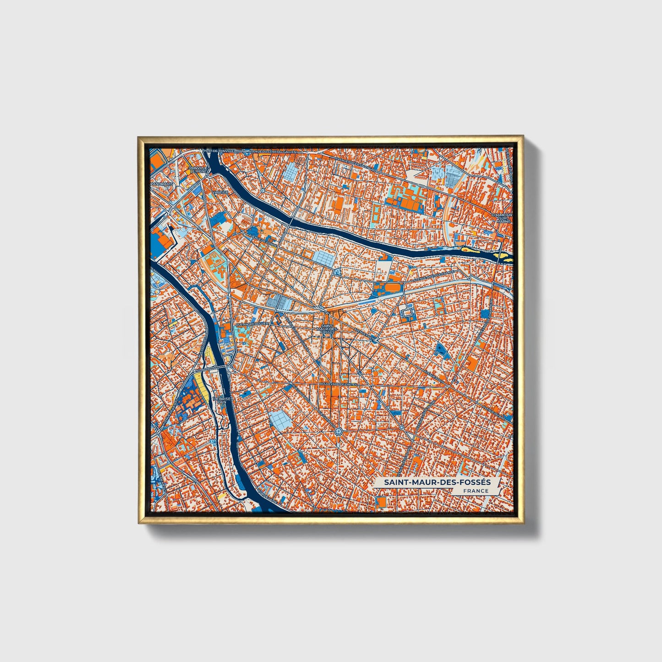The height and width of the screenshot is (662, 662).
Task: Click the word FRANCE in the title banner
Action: (475, 491)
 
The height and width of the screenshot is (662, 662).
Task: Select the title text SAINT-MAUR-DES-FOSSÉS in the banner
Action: (437, 482)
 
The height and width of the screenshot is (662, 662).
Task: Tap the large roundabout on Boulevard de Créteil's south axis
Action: (338, 431)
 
